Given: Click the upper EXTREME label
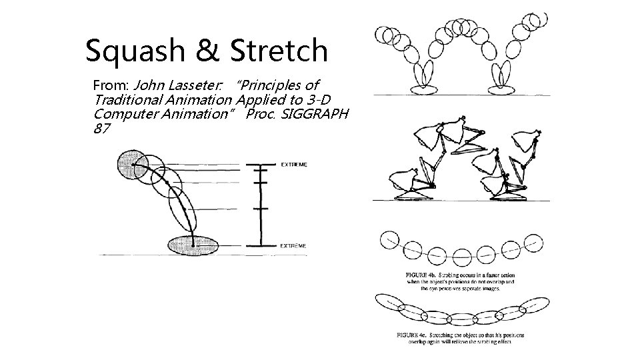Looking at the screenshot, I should pos(294,165).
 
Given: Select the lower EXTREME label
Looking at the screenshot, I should pos(294,245).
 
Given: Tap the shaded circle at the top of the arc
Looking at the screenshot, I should pos(131,164).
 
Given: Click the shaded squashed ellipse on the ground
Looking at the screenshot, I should pos(193,245).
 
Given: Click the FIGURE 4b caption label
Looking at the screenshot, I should pos(421,275).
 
